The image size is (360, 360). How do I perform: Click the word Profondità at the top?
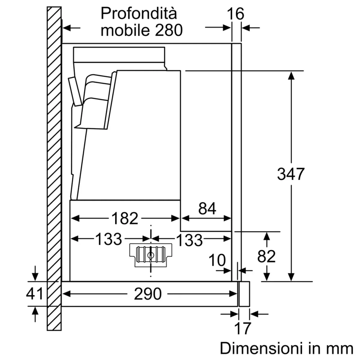pos(139,14)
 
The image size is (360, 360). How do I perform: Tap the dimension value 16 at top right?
pos(236,14)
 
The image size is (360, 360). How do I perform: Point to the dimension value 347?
pos(291,175)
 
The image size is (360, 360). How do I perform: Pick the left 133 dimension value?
pos(108,239)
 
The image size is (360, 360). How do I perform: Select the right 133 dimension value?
pos(189,240)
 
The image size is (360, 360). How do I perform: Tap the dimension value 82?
pos(267,256)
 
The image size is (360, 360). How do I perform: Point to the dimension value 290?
pos(148,294)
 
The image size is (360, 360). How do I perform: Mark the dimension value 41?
pos(35,294)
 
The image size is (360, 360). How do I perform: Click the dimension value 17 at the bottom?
pos(242,328)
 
